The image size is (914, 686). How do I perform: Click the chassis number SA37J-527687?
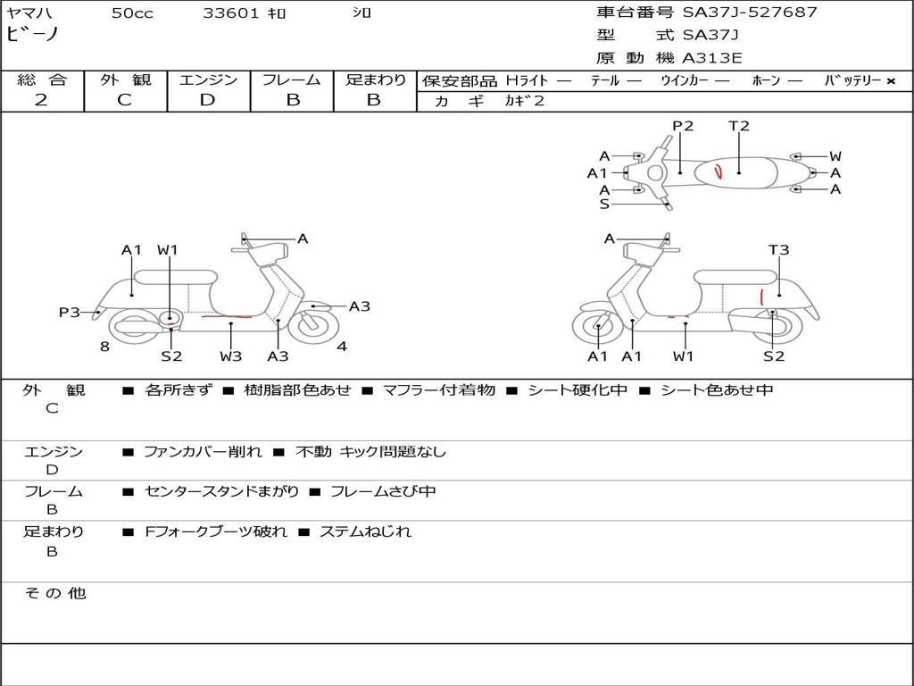tap(750, 12)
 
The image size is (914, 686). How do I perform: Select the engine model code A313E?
tap(711, 58)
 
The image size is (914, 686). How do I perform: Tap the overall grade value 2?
tap(41, 100)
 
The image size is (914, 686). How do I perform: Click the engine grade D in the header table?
tap(207, 100)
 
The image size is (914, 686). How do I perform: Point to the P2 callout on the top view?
tap(683, 125)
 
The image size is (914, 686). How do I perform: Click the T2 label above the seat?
tap(738, 125)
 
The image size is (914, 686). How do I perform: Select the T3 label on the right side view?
tap(778, 250)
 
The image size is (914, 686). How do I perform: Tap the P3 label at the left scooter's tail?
tap(70, 312)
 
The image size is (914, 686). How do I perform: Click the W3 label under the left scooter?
tap(231, 356)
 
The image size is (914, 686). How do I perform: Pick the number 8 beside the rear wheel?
tap(104, 347)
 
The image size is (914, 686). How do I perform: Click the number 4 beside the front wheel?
tap(342, 347)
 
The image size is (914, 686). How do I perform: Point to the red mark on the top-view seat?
tap(719, 171)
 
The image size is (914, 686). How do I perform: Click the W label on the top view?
tap(835, 156)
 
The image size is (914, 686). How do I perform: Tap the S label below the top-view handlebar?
tap(604, 205)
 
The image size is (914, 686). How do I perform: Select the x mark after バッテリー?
tap(891, 81)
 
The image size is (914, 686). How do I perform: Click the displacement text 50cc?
tap(132, 13)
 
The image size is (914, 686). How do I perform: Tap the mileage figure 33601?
tap(231, 13)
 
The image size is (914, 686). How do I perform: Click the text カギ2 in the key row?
tap(524, 101)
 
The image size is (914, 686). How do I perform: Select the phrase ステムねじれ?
tap(365, 531)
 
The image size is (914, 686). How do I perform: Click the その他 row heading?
tap(55, 593)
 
